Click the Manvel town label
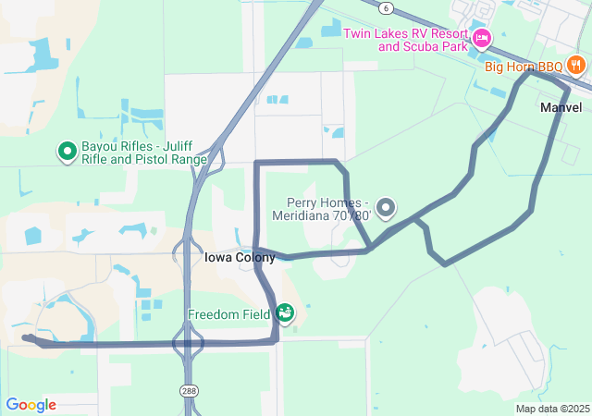click(561, 108)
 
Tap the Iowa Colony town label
click(227, 258)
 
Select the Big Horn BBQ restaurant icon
click(576, 65)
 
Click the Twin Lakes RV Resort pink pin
click(481, 38)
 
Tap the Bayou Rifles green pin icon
click(67, 150)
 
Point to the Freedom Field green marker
click(284, 313)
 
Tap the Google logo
click(31, 405)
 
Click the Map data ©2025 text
click(552, 409)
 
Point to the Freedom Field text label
click(228, 314)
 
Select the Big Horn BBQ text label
click(524, 67)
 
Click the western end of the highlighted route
click(24, 338)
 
